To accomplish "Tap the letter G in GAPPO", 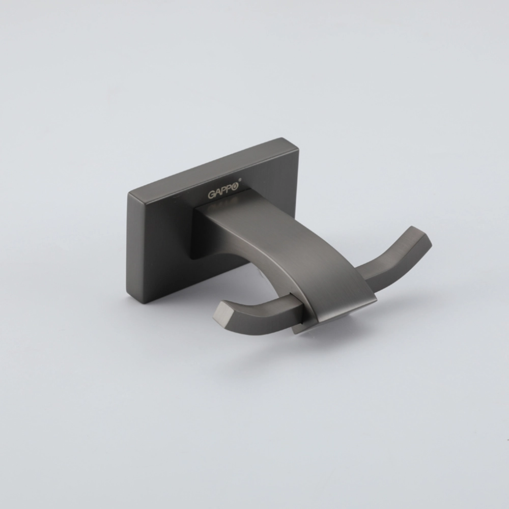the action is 211,194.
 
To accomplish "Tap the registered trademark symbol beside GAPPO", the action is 240,179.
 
